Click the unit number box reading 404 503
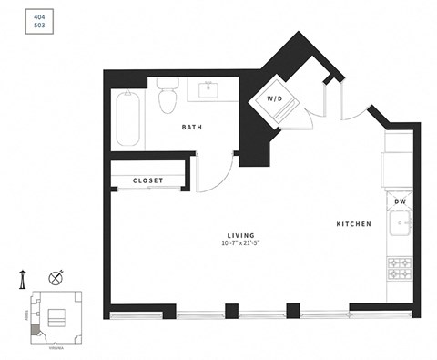point(38,23)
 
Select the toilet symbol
point(167,98)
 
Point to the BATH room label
point(192,128)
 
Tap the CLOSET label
point(147,180)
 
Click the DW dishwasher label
point(400,201)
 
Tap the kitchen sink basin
point(401,224)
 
